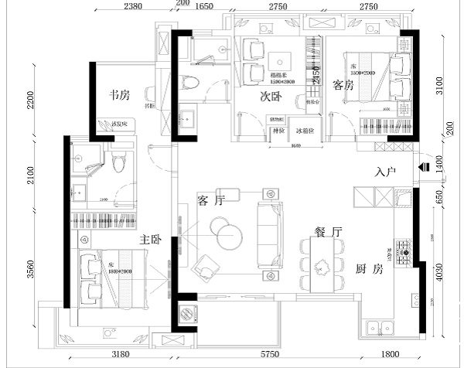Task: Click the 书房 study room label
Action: pyautogui.click(x=119, y=95)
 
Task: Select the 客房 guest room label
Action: pyautogui.click(x=343, y=84)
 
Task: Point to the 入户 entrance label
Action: pyautogui.click(x=386, y=172)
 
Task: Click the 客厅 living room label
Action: pyautogui.click(x=210, y=201)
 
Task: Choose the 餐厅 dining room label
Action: pyautogui.click(x=328, y=231)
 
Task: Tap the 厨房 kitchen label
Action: pyautogui.click(x=369, y=269)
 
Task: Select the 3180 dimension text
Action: pyautogui.click(x=118, y=354)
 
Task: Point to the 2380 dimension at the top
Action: pyautogui.click(x=134, y=6)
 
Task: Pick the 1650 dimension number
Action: pyautogui.click(x=204, y=6)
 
